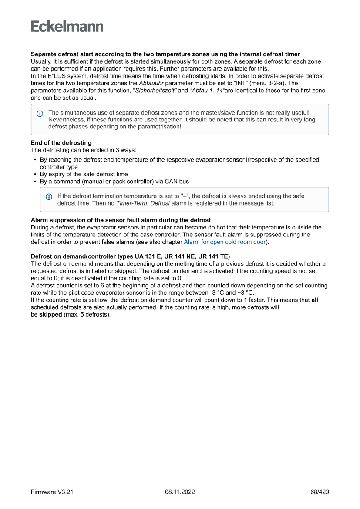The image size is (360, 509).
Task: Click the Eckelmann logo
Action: pyautogui.click(x=67, y=27)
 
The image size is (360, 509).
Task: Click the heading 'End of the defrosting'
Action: pyautogui.click(x=61, y=143)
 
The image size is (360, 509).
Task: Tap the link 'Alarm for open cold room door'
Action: pyautogui.click(x=225, y=242)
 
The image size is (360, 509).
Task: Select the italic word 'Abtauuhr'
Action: pyautogui.click(x=151, y=83)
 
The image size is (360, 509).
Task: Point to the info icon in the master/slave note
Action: pyautogui.click(x=40, y=113)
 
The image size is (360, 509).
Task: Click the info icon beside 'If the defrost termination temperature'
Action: pyautogui.click(x=49, y=196)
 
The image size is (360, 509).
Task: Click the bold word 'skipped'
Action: pyautogui.click(x=50, y=314)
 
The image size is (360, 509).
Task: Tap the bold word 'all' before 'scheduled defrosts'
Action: pyautogui.click(x=315, y=300)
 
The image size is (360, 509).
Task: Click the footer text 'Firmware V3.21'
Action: pyautogui.click(x=52, y=492)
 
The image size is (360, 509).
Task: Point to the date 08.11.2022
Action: pyautogui.click(x=180, y=492)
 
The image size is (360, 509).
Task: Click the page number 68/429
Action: pyautogui.click(x=320, y=492)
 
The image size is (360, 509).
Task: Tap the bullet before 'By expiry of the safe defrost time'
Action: pyautogui.click(x=35, y=174)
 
